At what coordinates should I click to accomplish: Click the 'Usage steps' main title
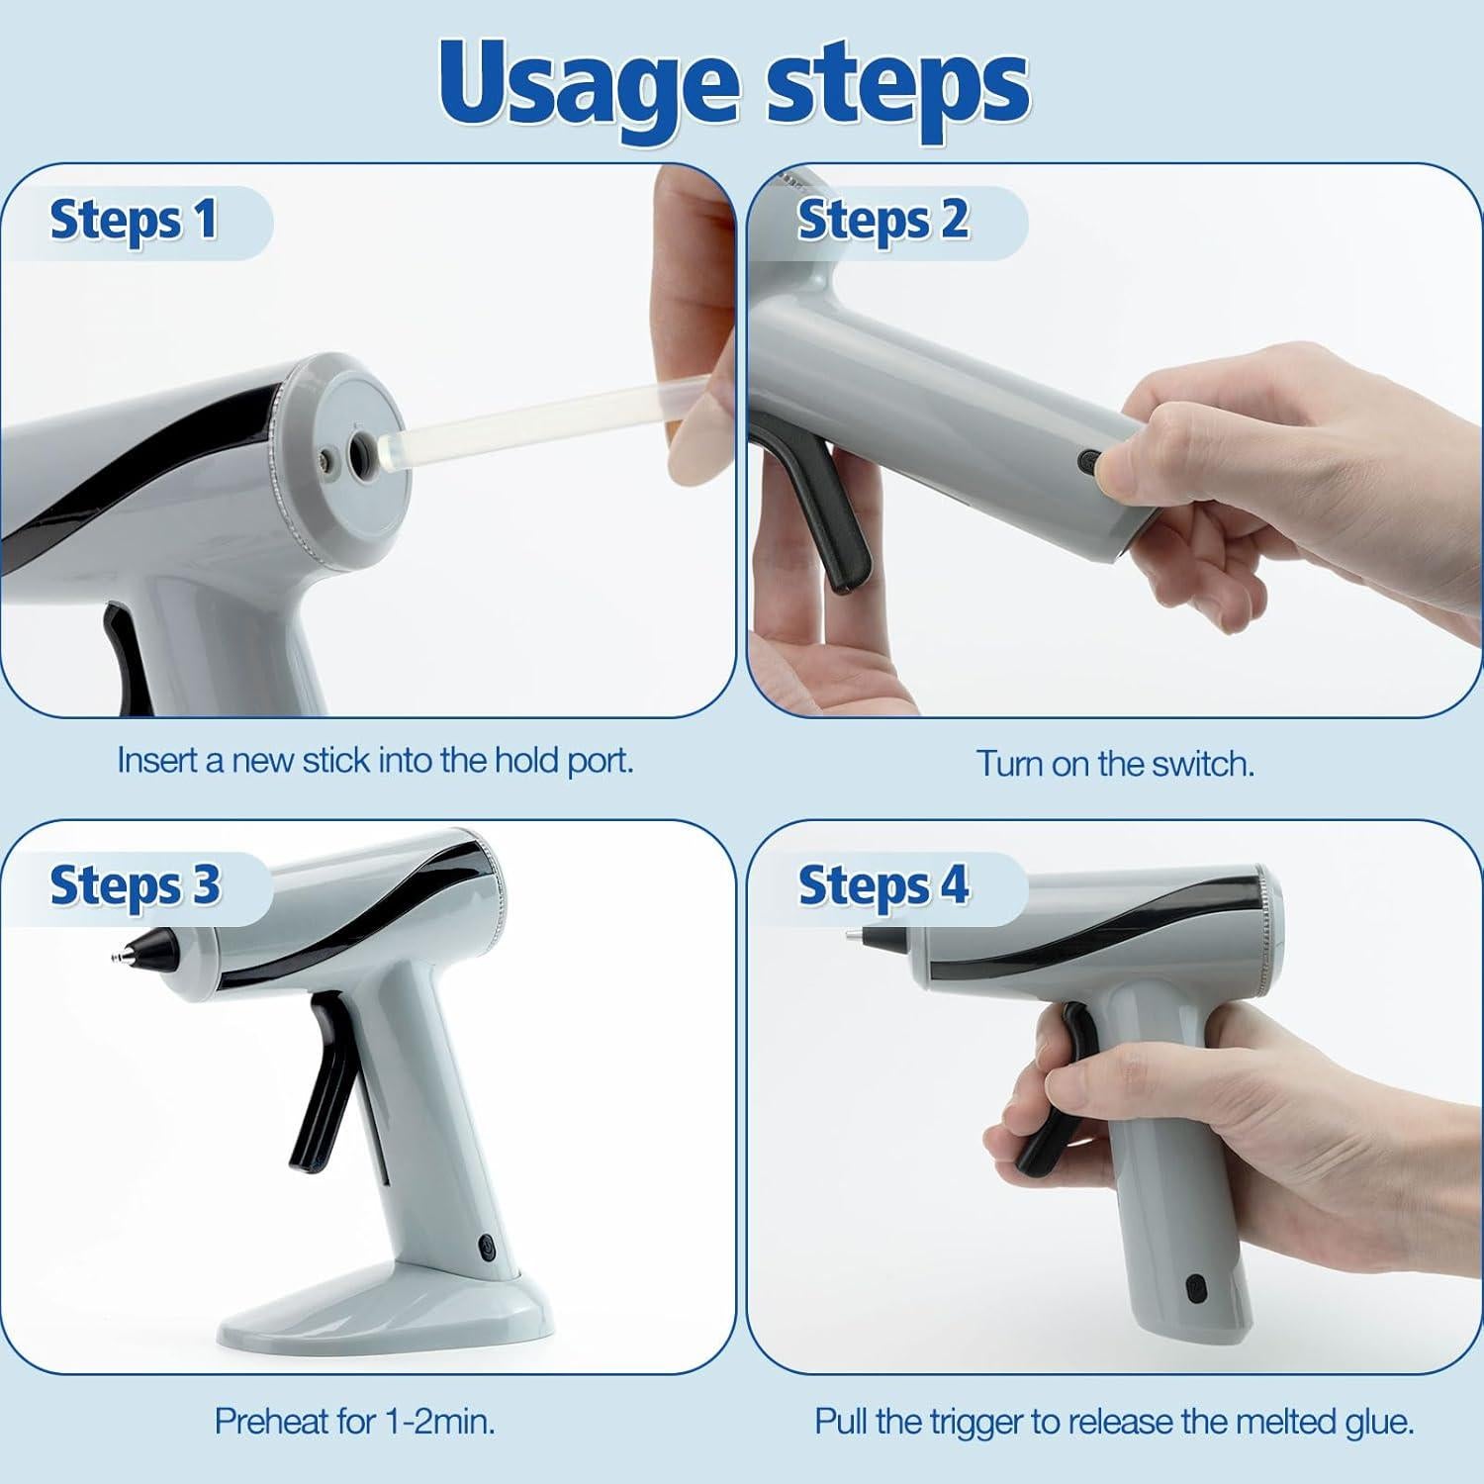point(734,84)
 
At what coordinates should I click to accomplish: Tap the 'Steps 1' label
point(133,220)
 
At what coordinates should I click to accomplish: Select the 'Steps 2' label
point(882,220)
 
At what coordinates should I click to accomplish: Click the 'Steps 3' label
point(135,885)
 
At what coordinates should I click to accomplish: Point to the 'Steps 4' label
point(882,885)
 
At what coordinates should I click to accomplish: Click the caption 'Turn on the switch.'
point(1115,764)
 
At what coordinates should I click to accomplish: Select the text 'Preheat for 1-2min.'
point(354,1422)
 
